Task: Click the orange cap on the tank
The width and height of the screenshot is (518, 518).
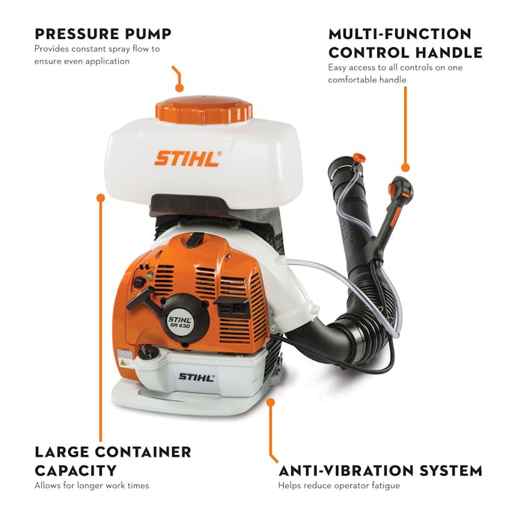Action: (204, 109)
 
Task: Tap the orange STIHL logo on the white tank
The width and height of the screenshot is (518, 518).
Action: (187, 158)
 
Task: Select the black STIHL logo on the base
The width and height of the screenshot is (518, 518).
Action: (195, 377)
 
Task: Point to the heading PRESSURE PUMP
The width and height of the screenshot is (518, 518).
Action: (103, 33)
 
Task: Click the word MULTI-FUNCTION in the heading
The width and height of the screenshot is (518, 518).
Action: (400, 34)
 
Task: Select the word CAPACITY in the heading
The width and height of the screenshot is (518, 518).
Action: (76, 470)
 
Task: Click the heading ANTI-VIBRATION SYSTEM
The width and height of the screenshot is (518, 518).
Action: (380, 471)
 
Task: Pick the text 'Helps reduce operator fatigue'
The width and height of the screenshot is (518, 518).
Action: (339, 486)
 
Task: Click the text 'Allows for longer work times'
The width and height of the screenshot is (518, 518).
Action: (92, 486)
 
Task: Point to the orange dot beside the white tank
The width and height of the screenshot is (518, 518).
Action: (100, 198)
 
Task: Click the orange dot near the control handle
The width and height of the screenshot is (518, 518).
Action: (405, 168)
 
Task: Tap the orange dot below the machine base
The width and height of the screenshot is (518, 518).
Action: (271, 401)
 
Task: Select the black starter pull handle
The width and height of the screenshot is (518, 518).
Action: (141, 297)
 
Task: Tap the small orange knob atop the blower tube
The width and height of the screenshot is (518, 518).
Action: (360, 157)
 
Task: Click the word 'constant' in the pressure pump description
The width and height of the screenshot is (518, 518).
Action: (84, 49)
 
